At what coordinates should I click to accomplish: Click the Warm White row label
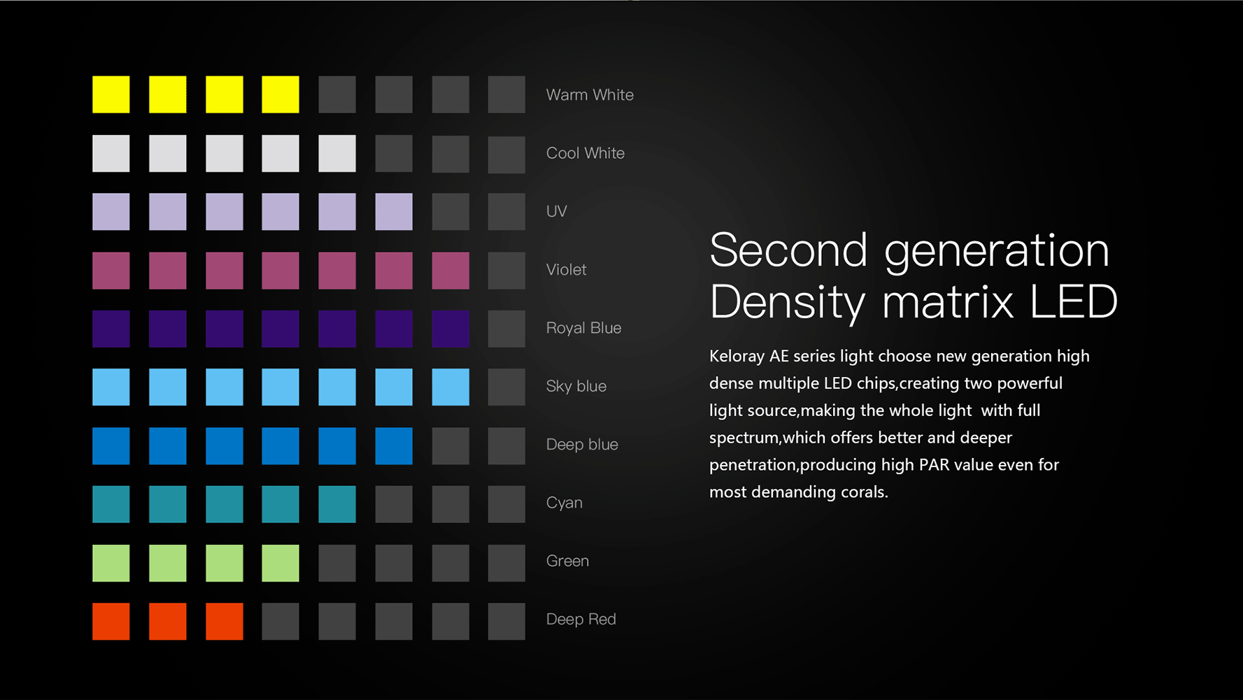click(590, 95)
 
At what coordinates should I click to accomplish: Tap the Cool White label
click(585, 153)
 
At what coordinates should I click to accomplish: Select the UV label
click(557, 211)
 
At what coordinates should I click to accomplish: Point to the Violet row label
click(567, 270)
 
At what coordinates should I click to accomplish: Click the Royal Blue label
click(584, 328)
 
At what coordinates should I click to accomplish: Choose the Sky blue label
click(576, 386)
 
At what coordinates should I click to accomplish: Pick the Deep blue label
click(582, 445)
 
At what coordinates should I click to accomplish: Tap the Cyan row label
click(564, 503)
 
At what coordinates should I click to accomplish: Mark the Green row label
click(567, 561)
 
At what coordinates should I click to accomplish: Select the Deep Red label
click(581, 620)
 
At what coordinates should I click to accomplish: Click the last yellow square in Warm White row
click(280, 94)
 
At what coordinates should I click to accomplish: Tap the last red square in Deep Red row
click(225, 622)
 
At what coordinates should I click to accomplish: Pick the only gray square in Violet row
click(506, 271)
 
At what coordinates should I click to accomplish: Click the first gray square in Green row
click(337, 563)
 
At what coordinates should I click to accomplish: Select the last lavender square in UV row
click(394, 212)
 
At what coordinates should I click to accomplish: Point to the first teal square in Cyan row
click(111, 504)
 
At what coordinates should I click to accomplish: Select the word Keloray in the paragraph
click(737, 357)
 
